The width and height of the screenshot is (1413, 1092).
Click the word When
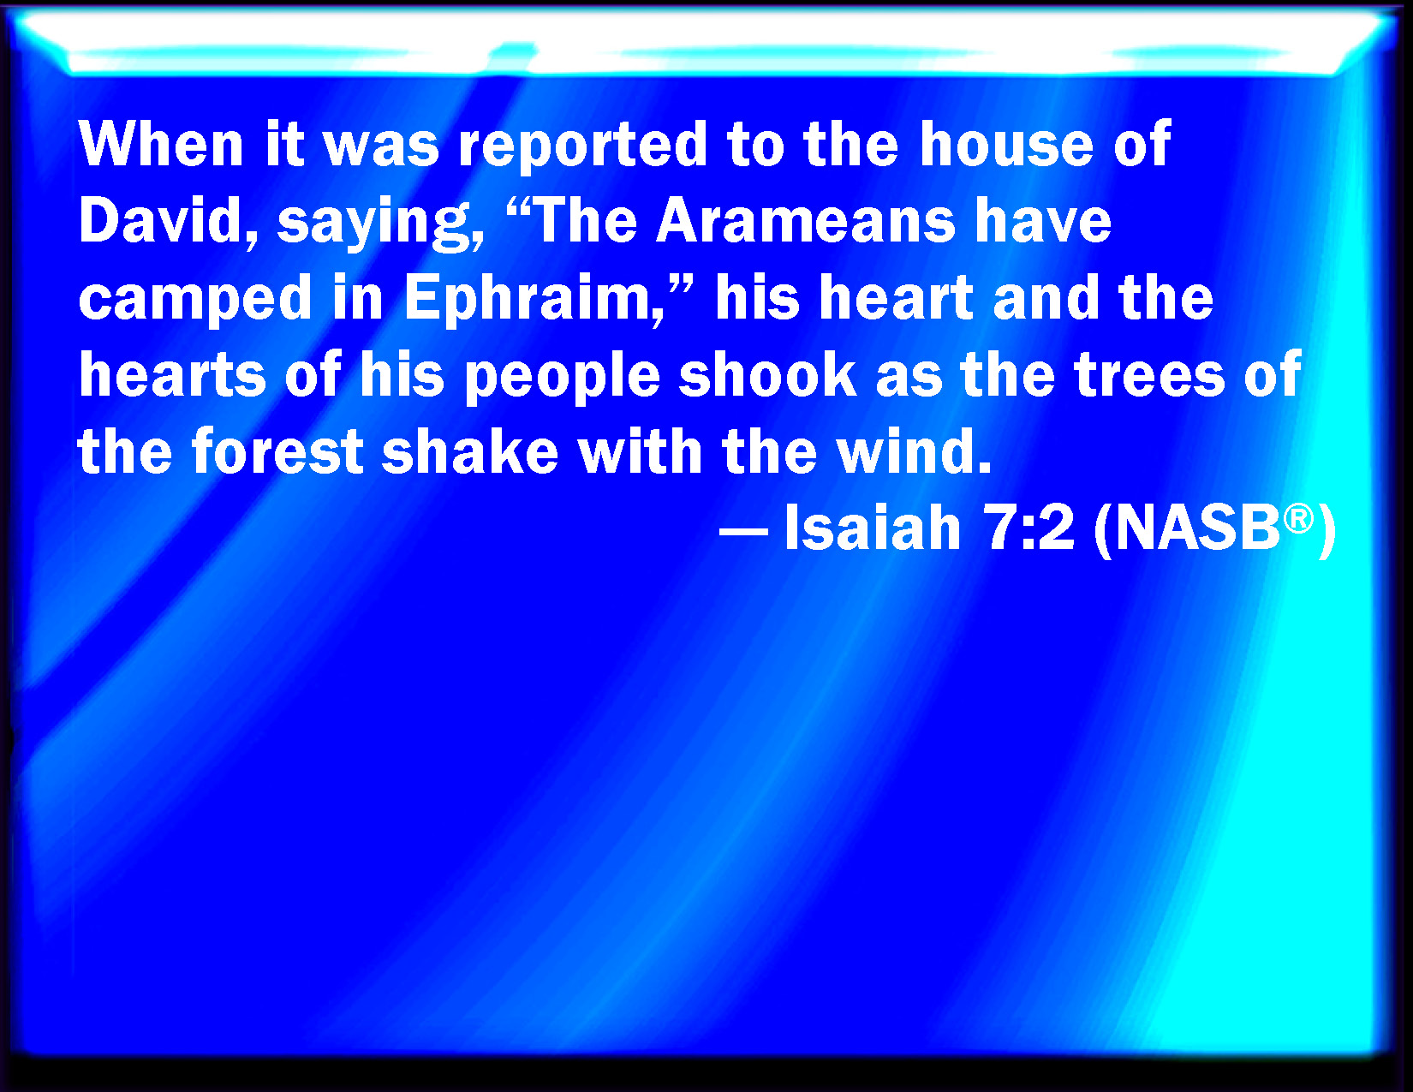click(161, 144)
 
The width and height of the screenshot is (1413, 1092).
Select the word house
click(1006, 144)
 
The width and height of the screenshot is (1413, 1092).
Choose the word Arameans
click(806, 220)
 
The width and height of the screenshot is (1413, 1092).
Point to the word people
click(563, 378)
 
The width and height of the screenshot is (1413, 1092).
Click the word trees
click(1149, 375)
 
